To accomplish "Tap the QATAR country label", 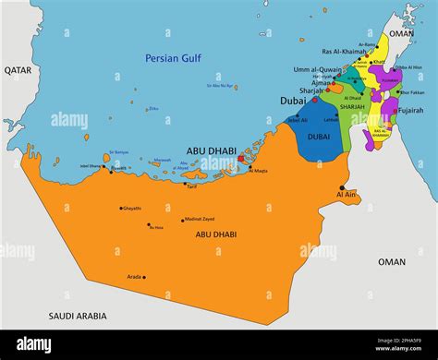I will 17,70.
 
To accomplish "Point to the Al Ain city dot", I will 341,187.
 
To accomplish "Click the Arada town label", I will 134,277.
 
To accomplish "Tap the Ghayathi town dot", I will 120,209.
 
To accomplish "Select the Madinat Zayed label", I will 200,219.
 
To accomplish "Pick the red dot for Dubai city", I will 313,100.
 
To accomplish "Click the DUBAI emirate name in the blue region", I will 319,136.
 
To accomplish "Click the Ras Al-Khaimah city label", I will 344,52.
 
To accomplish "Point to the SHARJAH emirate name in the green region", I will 352,107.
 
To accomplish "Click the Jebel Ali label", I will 298,120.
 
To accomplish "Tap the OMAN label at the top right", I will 401,33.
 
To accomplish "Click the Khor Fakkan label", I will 411,92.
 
